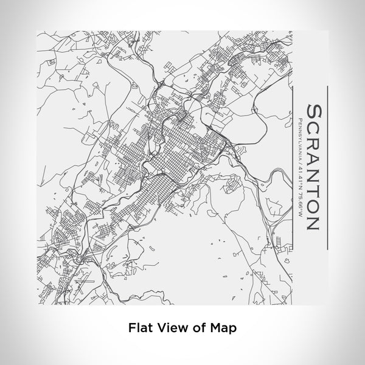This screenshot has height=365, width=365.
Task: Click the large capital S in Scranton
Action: (313, 114)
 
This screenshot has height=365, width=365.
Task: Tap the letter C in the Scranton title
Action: (313, 129)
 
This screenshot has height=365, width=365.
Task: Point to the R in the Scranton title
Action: (313, 144)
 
